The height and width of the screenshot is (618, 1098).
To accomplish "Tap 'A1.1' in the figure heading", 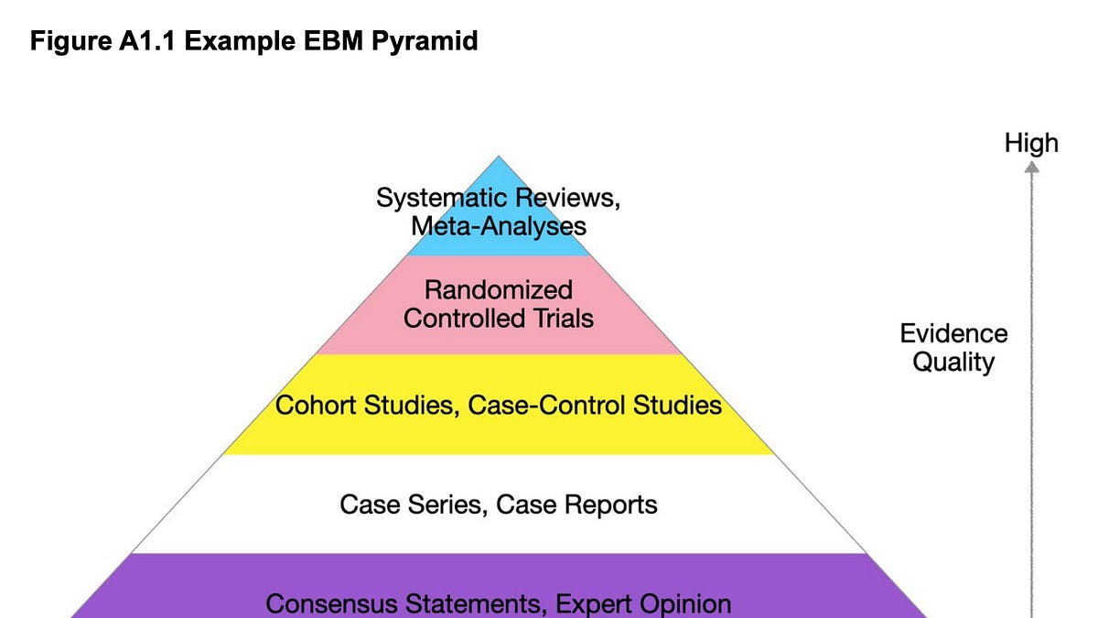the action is pyautogui.click(x=147, y=40).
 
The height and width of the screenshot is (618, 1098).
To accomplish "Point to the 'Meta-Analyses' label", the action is pyautogui.click(x=499, y=227).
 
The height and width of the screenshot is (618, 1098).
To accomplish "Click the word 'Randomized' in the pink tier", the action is pyautogui.click(x=499, y=289).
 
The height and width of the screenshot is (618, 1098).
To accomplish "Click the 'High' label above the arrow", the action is pyautogui.click(x=1031, y=143).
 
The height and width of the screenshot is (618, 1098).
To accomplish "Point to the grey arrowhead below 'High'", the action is pyautogui.click(x=1031, y=168).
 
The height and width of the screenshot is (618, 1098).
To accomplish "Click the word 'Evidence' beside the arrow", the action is pyautogui.click(x=953, y=333).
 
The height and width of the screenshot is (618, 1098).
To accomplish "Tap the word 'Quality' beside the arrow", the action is pyautogui.click(x=953, y=363).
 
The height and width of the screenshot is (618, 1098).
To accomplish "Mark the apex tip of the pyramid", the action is pyautogui.click(x=499, y=156).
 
